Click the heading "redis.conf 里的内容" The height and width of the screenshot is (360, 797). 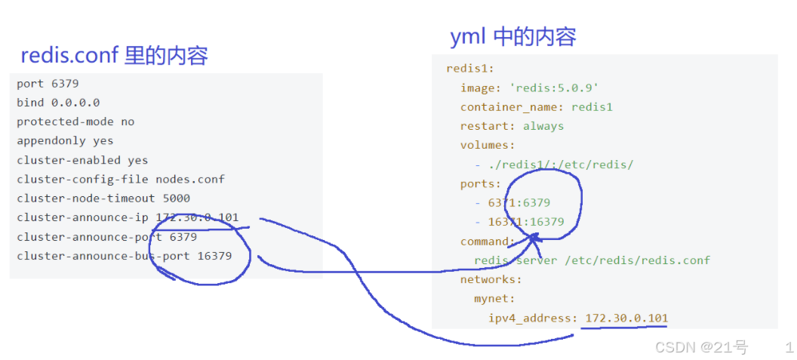point(113,56)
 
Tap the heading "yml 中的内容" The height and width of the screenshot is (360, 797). point(513,36)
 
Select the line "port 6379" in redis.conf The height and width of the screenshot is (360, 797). point(48,83)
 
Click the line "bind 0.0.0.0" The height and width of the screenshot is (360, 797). point(58,102)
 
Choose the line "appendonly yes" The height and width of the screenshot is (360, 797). point(65,140)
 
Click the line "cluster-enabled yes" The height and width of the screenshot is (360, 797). point(82,160)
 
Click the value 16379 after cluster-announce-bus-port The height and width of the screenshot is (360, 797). point(214,256)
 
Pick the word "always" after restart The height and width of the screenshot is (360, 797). point(543,126)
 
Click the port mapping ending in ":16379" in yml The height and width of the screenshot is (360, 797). point(527,222)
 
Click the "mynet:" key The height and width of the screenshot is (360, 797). point(494,299)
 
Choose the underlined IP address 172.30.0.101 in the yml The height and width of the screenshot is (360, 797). point(626,318)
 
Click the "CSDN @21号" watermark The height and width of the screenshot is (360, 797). point(701,347)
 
